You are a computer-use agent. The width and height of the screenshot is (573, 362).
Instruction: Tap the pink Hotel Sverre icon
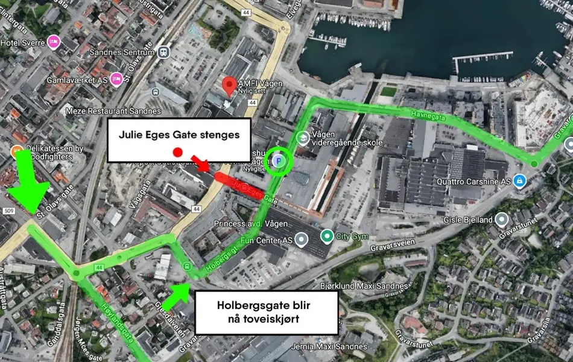click(x=54, y=41)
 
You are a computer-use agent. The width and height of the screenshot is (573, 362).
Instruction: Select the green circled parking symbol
click(x=279, y=160)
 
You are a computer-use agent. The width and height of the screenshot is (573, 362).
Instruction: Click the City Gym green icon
click(x=327, y=236)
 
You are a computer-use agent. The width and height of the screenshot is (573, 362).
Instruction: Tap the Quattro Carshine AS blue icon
click(x=519, y=181)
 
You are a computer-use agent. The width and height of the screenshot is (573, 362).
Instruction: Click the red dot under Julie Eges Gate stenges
click(x=177, y=152)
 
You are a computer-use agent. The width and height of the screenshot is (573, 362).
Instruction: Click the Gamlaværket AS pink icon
click(x=116, y=78)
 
